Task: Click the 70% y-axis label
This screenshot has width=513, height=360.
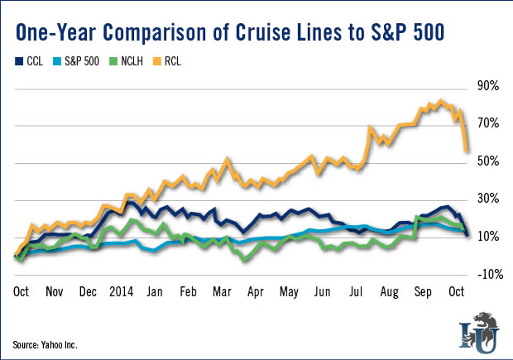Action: pyautogui.click(x=487, y=124)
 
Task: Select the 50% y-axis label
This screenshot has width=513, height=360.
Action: pyautogui.click(x=487, y=161)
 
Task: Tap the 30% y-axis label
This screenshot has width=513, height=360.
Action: pyautogui.click(x=487, y=199)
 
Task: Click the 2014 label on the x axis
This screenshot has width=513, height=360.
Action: pyautogui.click(x=123, y=291)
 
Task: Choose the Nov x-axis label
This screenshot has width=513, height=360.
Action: pyautogui.click(x=55, y=291)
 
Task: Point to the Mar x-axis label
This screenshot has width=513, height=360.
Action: pyautogui.click(x=222, y=291)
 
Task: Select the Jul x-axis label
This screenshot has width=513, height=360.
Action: pyautogui.click(x=357, y=291)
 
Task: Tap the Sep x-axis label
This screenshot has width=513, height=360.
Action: pyautogui.click(x=423, y=291)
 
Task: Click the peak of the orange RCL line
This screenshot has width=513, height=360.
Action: pyautogui.click(x=441, y=102)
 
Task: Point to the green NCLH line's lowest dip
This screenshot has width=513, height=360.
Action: pyautogui.click(x=244, y=261)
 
